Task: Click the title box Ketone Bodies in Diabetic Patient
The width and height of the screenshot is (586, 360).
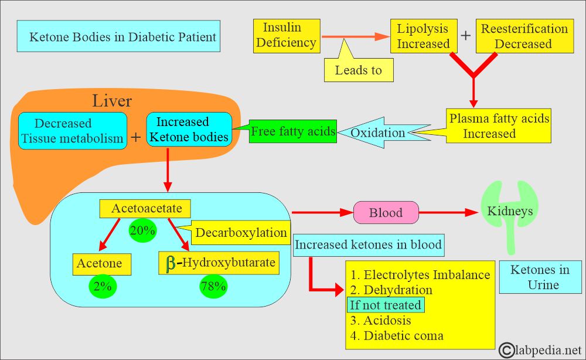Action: [118, 37]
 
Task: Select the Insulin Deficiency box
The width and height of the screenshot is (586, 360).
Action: [287, 36]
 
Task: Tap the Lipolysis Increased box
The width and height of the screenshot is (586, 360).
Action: [423, 36]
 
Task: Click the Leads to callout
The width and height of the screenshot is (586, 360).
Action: [358, 70]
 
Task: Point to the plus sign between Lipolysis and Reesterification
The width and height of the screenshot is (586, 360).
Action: [465, 35]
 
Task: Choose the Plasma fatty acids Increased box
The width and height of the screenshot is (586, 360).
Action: [499, 125]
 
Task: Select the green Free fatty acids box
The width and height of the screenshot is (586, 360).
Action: [292, 131]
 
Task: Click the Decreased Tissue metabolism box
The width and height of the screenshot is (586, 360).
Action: [72, 131]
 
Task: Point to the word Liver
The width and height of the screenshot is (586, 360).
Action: [112, 101]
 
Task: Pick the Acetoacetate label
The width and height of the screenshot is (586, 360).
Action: [146, 208]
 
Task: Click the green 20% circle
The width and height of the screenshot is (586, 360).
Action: [142, 230]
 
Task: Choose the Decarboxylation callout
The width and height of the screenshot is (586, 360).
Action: [241, 232]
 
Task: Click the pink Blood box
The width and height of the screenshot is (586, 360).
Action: [386, 213]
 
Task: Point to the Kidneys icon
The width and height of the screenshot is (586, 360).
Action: [507, 211]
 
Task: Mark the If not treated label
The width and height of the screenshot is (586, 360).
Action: [385, 305]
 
